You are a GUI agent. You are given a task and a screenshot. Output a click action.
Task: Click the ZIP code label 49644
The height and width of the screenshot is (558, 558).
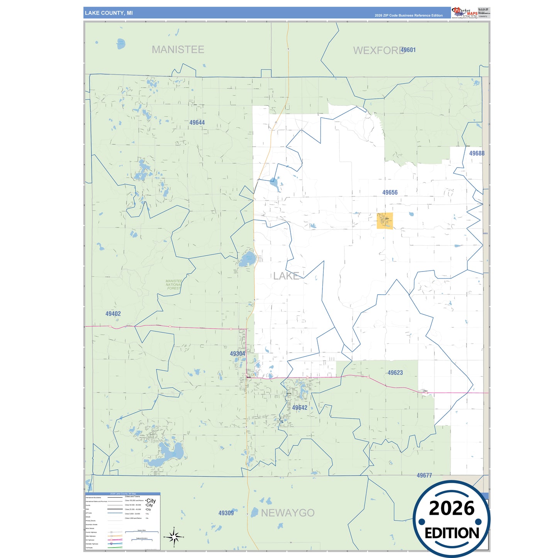click(197, 122)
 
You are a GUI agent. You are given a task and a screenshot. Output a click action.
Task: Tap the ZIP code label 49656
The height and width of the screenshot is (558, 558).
click(390, 192)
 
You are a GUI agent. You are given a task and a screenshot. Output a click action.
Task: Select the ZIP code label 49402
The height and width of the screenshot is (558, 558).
click(113, 314)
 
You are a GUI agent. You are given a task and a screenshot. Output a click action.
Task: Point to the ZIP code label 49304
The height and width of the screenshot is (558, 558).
click(237, 354)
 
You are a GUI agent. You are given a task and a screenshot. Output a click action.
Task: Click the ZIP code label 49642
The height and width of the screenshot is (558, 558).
click(300, 408)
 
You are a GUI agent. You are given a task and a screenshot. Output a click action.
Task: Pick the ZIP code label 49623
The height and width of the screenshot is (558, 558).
click(395, 373)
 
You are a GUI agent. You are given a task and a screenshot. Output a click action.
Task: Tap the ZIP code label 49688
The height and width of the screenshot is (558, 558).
click(477, 153)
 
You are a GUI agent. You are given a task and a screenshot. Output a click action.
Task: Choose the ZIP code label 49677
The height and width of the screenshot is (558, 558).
click(424, 475)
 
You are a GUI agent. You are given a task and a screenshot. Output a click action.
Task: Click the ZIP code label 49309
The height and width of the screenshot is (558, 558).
click(226, 513)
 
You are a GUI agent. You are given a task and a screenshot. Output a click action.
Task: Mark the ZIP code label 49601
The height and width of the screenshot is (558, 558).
click(408, 50)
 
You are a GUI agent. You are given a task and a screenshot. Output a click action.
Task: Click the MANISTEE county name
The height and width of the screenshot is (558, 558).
click(178, 49)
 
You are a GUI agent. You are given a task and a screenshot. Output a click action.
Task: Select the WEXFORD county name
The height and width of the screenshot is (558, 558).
click(378, 51)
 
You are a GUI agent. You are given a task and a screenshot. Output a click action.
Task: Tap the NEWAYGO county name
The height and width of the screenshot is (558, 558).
click(288, 513)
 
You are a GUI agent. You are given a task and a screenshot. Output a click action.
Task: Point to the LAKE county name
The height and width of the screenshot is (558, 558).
click(286, 276)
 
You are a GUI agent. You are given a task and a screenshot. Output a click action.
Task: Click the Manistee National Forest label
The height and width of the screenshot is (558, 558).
click(173, 285)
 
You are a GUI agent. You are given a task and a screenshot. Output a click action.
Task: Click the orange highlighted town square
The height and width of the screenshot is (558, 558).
click(385, 221)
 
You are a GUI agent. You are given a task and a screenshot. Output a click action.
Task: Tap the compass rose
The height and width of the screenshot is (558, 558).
click(174, 536)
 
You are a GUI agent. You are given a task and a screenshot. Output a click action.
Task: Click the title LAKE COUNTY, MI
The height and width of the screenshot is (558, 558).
click(109, 13)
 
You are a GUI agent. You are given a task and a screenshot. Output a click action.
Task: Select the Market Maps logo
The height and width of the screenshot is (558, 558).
click(465, 13)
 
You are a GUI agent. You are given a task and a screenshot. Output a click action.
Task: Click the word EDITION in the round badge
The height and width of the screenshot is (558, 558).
click(451, 533)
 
